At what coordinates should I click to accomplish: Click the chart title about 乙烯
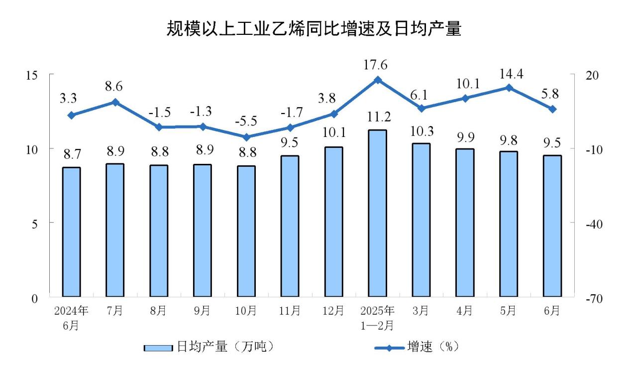coord(313,29)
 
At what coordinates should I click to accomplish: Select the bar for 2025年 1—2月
coord(377,214)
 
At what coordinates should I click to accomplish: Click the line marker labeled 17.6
coord(377,80)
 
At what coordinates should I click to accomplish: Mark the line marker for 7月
coord(115,102)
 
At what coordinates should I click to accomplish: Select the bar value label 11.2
coord(377,118)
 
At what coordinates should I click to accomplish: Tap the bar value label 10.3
coord(421,131)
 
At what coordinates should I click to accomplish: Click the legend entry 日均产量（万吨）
coord(209,347)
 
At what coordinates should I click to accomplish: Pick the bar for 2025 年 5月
coord(509,225)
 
